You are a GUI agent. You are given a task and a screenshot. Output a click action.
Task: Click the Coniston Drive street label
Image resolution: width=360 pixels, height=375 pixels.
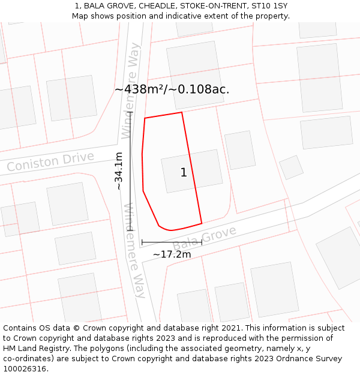point(50,161)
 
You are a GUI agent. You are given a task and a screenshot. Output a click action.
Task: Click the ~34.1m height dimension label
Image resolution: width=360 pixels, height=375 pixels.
point(119,171)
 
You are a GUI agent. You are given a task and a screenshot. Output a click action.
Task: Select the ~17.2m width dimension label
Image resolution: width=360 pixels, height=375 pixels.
point(172,254)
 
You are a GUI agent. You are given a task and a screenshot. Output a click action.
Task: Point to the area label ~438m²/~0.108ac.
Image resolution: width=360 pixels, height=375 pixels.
point(172,89)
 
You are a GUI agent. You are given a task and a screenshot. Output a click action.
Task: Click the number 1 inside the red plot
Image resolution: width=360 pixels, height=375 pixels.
point(184,173)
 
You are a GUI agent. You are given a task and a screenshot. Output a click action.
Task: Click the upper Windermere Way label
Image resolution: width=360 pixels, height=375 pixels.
point(131,90)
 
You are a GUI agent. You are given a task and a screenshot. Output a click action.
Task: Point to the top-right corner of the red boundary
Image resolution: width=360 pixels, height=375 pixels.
point(181,112)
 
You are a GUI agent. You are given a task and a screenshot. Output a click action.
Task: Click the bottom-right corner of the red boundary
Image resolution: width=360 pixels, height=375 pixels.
point(202,223)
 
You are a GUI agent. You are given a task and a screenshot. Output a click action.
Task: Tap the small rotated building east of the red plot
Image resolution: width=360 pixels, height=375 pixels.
point(292,167)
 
